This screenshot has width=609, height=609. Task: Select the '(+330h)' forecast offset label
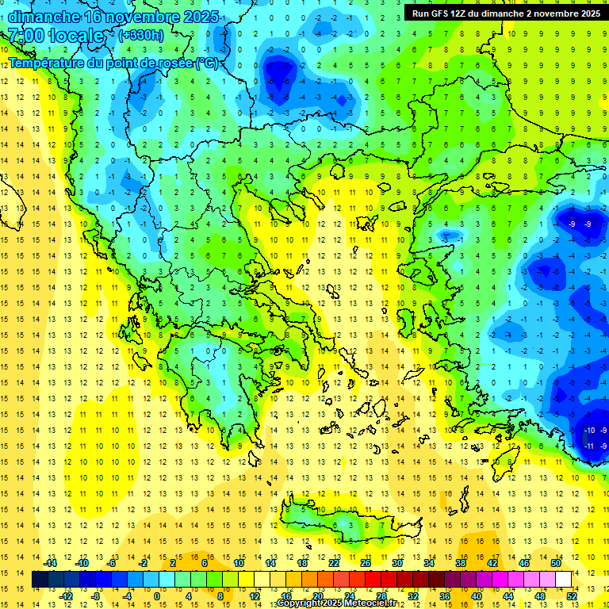pos(141,35)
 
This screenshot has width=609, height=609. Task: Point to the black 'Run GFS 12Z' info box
pos(504,13)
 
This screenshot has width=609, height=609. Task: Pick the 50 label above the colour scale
pos(555,563)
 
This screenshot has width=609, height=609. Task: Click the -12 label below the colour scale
pos(66,596)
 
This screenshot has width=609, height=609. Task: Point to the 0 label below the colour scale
pos(157,596)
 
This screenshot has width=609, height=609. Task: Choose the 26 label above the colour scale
pos(366,563)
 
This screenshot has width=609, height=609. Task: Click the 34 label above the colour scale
pos(429,563)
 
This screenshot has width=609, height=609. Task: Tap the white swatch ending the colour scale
pos(564,580)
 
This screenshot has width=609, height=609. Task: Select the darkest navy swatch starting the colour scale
pos(40,580)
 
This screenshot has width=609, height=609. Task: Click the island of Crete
pos(341,523)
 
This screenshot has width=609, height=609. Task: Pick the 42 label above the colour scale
pos(492,563)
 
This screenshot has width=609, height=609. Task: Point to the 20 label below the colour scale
pos(317,596)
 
